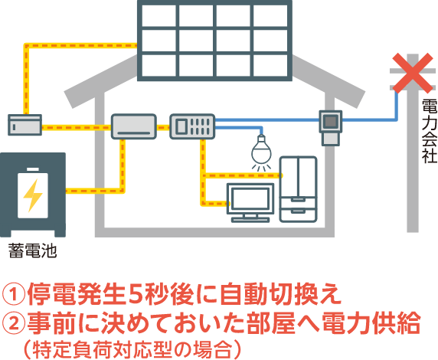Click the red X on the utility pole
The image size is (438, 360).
tap(413, 74)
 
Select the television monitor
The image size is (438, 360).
tap(250, 203)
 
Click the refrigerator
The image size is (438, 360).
tap(299, 189)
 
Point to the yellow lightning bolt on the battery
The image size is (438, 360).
tap(33, 195)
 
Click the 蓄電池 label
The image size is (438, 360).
tap(32, 250)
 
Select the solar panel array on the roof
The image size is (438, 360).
tap(214, 41)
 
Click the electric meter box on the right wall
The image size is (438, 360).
tap(331, 128)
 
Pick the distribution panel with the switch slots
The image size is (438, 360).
tap(192, 126)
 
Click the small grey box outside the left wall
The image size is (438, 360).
tap(25, 125)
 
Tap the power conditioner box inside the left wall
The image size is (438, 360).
tap(134, 126)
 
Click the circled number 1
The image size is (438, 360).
tap(14, 294)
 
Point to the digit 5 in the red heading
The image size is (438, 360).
tap(136, 294)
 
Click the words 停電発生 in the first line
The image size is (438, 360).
tap(76, 294)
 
